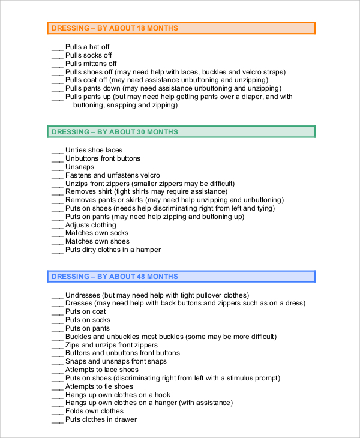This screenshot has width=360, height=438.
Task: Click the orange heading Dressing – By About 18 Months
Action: click(115, 28)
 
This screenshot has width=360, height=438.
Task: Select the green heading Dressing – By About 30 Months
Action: click(115, 132)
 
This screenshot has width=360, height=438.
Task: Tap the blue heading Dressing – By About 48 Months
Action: click(115, 277)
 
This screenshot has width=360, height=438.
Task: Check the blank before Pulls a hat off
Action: click(57, 48)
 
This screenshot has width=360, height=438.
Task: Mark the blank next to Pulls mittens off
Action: click(57, 65)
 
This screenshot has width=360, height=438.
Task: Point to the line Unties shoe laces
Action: click(94, 150)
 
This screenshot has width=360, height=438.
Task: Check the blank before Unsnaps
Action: click(57, 168)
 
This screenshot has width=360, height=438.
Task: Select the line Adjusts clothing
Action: click(92, 225)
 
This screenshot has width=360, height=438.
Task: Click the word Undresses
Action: click(83, 295)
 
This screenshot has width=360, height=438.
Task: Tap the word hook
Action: click(163, 395)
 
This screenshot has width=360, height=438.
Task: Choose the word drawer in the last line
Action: click(126, 419)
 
